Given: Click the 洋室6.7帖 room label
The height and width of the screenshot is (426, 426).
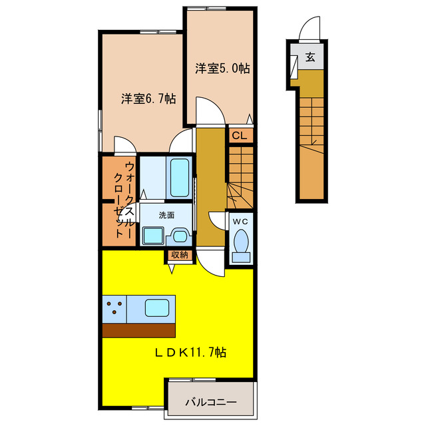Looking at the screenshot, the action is click(148, 99).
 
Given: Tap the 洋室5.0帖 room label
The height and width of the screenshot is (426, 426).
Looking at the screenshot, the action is click(222, 69).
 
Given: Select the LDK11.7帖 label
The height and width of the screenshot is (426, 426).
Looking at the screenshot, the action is click(190, 353).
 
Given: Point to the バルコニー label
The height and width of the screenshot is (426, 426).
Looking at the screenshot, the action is click(211, 402).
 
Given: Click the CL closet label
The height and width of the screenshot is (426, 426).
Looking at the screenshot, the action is click(240, 135).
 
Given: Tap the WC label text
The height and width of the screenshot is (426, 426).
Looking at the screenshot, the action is click(240, 222).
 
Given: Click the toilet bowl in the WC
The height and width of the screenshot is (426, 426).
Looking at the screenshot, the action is click(241, 240).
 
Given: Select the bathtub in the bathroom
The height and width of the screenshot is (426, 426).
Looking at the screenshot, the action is click(179, 178).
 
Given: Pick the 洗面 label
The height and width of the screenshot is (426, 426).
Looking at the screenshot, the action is click(166, 216).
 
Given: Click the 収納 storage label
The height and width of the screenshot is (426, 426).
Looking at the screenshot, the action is click(180, 255).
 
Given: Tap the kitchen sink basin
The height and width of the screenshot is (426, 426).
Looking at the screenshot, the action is click(157, 308).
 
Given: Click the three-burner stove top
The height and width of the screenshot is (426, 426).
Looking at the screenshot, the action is click(114, 309).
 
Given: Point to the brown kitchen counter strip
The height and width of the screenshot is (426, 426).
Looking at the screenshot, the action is click(139, 330).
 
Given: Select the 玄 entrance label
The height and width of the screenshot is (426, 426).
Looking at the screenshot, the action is click(310, 57).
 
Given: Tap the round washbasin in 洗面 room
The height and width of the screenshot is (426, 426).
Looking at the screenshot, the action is click(180, 236).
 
